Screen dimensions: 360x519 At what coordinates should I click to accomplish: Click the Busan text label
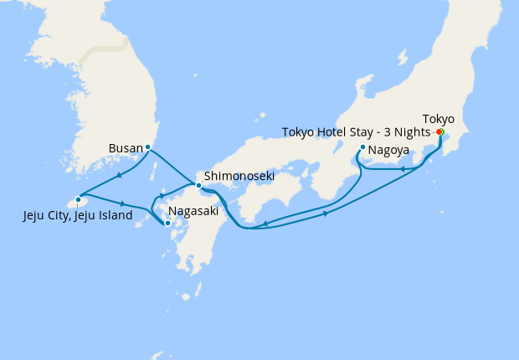click(x=126, y=149)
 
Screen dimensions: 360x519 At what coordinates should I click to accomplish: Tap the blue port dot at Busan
click(x=148, y=147)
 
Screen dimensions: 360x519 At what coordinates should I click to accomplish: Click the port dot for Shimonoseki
click(x=198, y=185)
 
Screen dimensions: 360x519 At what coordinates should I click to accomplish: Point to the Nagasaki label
click(x=193, y=212)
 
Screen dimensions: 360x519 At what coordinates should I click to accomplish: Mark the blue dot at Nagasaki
click(x=167, y=223)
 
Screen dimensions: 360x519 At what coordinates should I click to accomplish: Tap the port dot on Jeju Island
click(x=78, y=199)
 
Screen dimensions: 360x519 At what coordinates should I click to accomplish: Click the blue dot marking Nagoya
click(x=362, y=148)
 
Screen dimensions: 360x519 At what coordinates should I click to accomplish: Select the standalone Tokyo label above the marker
click(x=439, y=119)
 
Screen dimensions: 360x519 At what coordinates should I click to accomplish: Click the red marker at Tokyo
click(x=439, y=131)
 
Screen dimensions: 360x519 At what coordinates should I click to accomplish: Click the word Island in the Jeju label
click(x=113, y=216)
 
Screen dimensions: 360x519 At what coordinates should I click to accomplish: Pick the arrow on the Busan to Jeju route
click(x=121, y=175)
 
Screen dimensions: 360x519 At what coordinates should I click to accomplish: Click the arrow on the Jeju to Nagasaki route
click(x=124, y=203)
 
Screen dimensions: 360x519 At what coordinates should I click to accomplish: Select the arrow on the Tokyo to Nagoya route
click(x=403, y=170)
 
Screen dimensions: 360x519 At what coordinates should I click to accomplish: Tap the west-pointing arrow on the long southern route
click(x=265, y=224)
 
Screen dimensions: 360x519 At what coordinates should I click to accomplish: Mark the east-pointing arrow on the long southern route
click(x=325, y=213)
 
